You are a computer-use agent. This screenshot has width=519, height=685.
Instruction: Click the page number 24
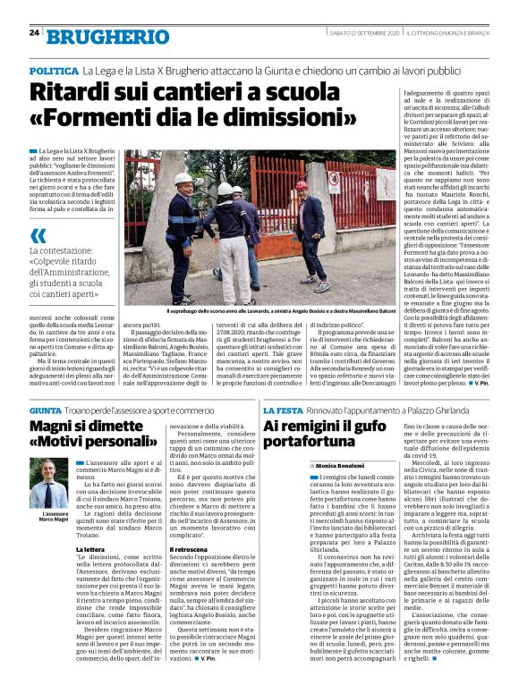34,32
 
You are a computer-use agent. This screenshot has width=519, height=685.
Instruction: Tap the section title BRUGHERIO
107,37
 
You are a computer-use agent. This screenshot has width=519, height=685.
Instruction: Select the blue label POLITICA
54,70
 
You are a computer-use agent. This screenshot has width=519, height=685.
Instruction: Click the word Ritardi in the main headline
81,92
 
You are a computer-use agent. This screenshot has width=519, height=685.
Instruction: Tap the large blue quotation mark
38,237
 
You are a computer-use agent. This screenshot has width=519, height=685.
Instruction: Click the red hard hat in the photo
302,185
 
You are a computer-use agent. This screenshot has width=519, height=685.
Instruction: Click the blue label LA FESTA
285,409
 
